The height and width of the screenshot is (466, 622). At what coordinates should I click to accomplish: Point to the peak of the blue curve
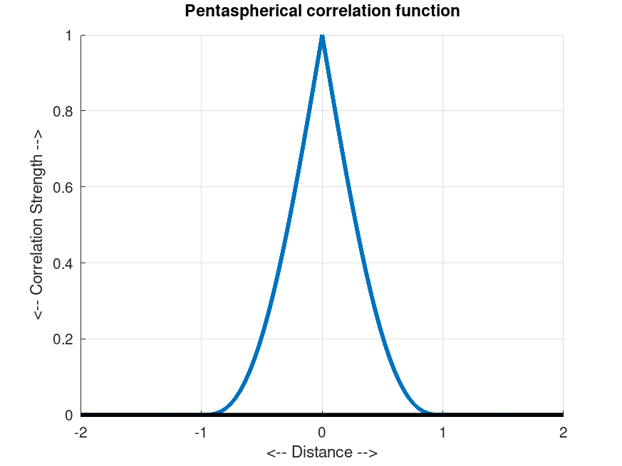322,36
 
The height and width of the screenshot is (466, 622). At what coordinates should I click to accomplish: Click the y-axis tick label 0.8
63,111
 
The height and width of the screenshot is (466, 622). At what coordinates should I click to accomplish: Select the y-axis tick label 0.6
63,187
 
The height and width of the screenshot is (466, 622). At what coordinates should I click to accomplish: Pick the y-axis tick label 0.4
63,263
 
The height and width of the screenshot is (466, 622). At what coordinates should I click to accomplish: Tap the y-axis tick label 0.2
63,339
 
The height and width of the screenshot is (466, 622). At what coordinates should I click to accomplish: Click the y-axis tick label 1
69,36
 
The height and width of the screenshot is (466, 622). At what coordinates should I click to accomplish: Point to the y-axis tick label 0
69,415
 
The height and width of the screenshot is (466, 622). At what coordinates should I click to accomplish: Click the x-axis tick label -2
81,432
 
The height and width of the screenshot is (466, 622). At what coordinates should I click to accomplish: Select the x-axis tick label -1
201,432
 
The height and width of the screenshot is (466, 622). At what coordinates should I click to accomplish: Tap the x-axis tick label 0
322,432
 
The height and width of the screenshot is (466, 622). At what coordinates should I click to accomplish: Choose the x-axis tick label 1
442,432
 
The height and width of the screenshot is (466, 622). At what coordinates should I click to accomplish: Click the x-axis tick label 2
563,432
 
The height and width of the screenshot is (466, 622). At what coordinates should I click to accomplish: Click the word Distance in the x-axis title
322,452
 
